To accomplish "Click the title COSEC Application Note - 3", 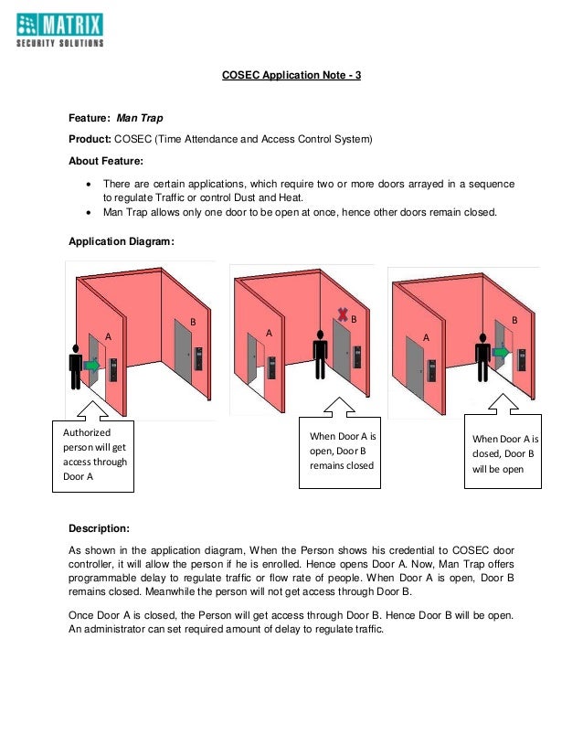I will (x=291, y=75).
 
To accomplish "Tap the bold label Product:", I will (x=90, y=140).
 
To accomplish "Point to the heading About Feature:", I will (x=103, y=161).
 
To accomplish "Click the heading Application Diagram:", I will (x=122, y=242).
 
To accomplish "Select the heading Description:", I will (x=99, y=528).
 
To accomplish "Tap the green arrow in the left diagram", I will (x=91, y=365).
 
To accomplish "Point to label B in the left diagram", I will (x=193, y=322).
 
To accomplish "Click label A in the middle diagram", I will (x=269, y=334).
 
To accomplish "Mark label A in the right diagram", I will (x=426, y=336).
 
